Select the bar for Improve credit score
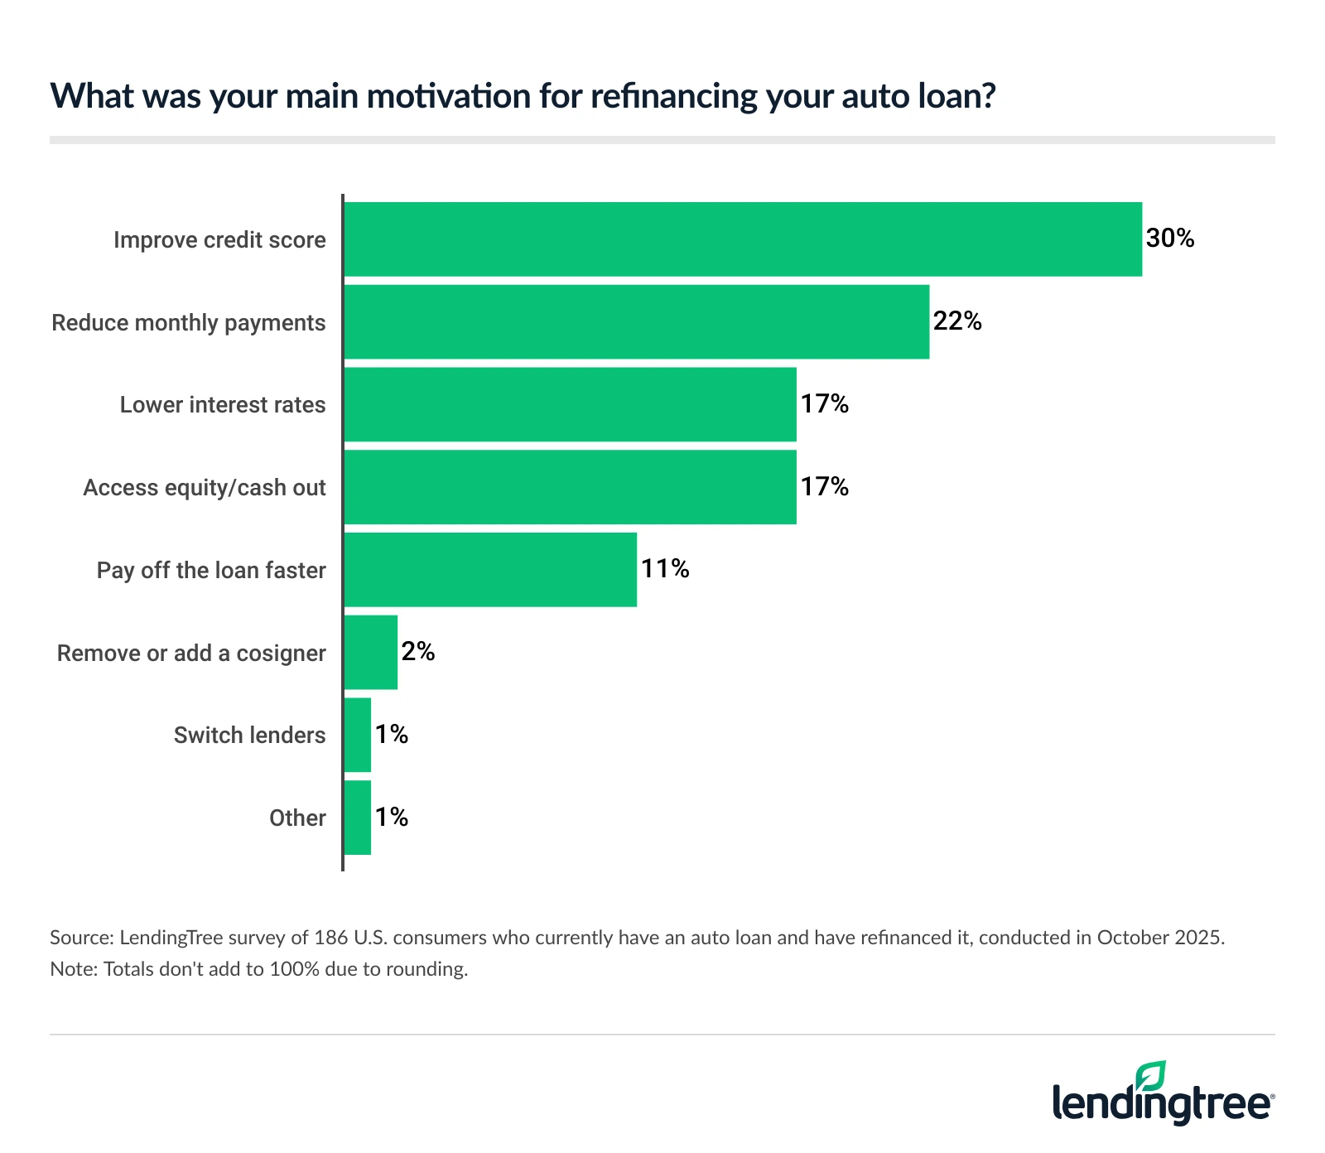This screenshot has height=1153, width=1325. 743,239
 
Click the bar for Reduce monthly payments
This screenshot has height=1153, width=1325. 636,322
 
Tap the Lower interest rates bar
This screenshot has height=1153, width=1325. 570,404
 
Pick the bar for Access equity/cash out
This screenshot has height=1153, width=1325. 570,487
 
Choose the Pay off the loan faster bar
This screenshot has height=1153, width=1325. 490,570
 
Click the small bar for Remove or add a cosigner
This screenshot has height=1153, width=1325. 371,653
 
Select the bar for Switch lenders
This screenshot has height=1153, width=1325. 358,735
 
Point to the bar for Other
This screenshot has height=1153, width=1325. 358,818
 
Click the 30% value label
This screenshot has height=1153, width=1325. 1170,239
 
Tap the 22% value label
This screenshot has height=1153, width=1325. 957,321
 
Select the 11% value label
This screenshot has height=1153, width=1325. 665,569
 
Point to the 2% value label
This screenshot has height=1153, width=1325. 418,652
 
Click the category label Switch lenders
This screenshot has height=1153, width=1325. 249,736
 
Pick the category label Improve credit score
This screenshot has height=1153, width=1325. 219,240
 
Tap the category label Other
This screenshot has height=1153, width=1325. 297,818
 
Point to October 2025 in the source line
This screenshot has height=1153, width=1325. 1159,938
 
